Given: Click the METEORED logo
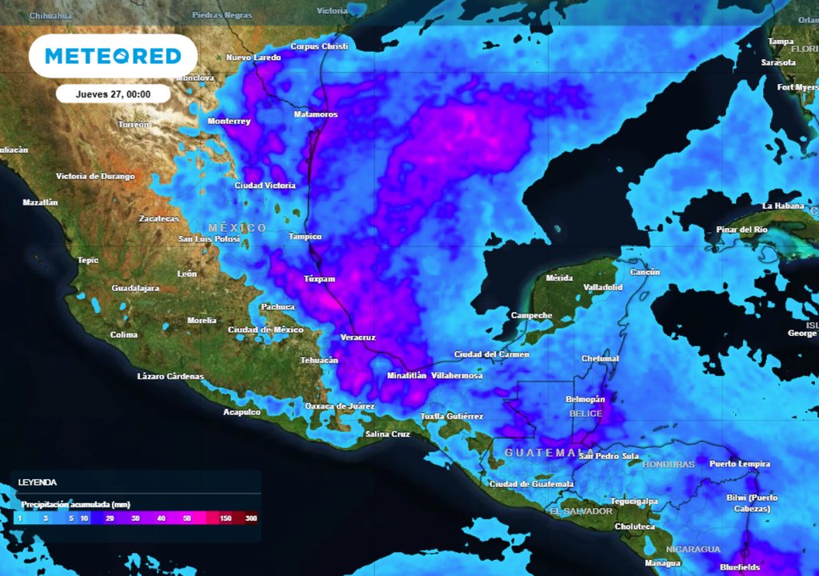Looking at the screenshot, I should [113, 56].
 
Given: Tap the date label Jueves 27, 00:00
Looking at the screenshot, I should [114, 94].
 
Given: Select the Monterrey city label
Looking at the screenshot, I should [229, 122].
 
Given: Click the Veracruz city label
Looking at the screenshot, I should [358, 338].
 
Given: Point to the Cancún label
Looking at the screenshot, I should [645, 273].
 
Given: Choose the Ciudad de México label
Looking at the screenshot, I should [266, 330].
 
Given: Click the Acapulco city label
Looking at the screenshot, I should [242, 413].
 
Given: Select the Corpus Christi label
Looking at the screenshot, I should [319, 46].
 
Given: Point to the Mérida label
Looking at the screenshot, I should [559, 278].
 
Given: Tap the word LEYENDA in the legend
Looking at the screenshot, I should [38, 483].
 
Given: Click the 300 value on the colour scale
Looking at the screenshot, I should [251, 519].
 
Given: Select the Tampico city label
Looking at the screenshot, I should [305, 237].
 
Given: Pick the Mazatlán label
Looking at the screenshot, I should [40, 202].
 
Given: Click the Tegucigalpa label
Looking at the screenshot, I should [634, 502].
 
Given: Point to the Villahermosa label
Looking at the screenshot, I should [457, 375].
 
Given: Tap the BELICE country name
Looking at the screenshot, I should [584, 414].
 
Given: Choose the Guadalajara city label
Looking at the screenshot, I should [135, 288].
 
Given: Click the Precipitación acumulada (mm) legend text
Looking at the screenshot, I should [75, 505].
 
